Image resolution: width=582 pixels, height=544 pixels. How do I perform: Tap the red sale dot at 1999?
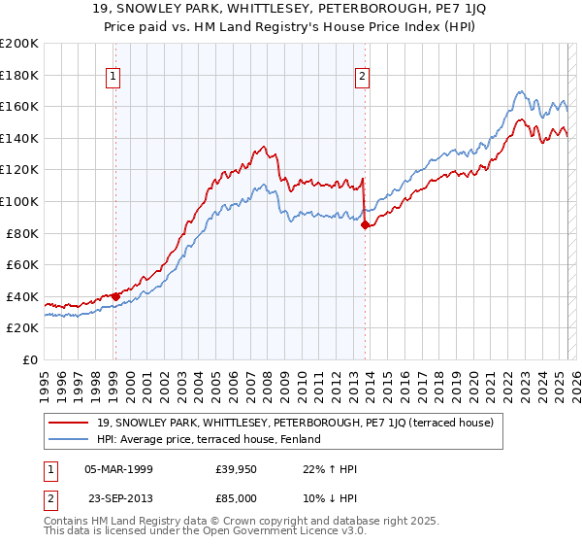point(115,296)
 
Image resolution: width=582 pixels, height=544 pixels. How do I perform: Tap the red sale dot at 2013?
point(365,224)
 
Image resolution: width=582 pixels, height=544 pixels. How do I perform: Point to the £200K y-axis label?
point(19,44)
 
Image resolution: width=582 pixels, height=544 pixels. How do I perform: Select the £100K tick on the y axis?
point(19,201)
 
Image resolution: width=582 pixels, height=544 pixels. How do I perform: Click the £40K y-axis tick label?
point(23,296)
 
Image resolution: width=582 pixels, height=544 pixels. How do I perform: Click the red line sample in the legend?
point(67,423)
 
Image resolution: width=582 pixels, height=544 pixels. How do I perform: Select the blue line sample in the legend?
point(67,439)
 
